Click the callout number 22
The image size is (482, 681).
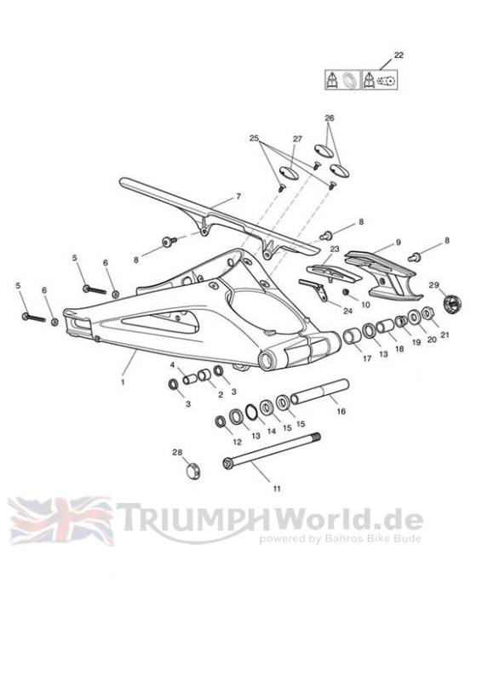click(x=399, y=55)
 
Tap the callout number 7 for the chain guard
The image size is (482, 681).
click(x=238, y=197)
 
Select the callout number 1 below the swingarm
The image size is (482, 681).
click(x=123, y=382)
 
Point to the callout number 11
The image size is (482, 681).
click(x=277, y=488)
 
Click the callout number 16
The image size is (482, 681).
click(x=341, y=411)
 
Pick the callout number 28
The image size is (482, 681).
click(x=177, y=452)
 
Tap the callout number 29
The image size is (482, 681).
click(x=434, y=285)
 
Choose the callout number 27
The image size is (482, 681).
click(x=297, y=139)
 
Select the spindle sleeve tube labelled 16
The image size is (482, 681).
click(x=319, y=392)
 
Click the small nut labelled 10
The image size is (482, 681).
click(x=347, y=291)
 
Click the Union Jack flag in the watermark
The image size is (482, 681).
click(x=60, y=520)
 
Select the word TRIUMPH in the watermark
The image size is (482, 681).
click(x=192, y=518)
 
